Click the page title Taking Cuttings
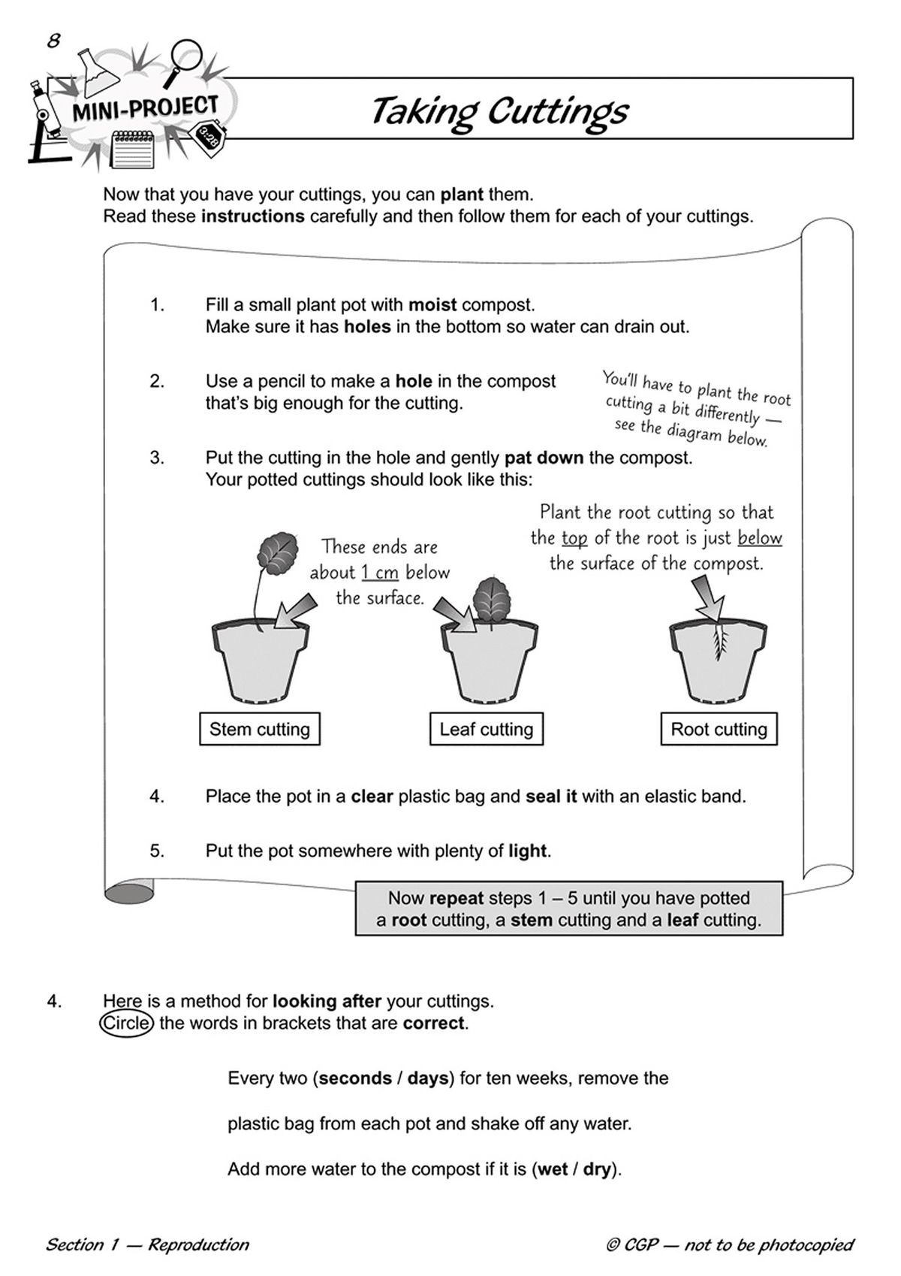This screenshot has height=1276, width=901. tap(499, 111)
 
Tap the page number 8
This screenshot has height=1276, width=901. tap(53, 41)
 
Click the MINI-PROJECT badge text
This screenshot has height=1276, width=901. tap(145, 110)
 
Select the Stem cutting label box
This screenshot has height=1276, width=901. tap(259, 729)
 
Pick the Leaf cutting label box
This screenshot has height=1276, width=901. tap(486, 729)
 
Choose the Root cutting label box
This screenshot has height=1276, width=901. tap(719, 729)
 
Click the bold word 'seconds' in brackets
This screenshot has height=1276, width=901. tap(356, 1078)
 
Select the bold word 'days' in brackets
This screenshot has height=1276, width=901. tap(427, 1078)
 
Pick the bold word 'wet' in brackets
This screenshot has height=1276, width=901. tap(553, 1169)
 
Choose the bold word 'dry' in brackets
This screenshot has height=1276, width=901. tap(597, 1169)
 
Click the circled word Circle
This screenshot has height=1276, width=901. tap(127, 1024)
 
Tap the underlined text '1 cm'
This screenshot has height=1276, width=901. tap(379, 573)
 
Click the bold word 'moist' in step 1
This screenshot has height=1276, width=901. tap(432, 305)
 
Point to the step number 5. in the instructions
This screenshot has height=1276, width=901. tap(157, 851)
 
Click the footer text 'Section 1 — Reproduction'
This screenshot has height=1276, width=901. tap(147, 1244)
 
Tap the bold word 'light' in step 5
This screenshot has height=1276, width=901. tap(527, 851)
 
